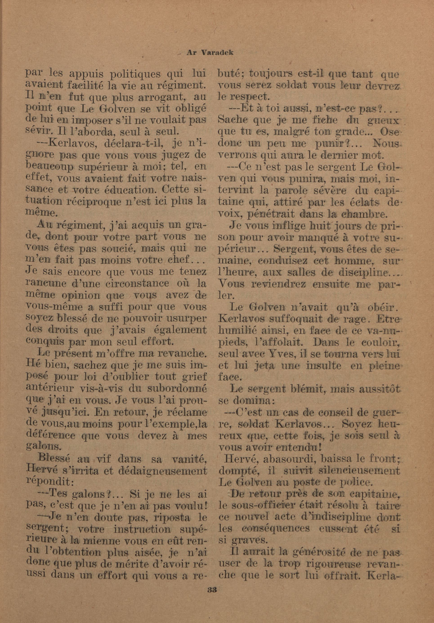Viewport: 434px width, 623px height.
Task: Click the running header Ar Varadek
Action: point(210,53)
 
